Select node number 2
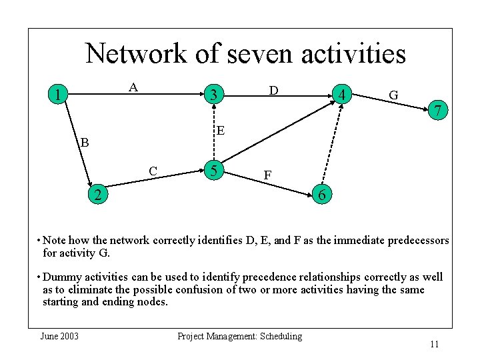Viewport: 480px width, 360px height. [98, 195]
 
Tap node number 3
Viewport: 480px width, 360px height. [213, 96]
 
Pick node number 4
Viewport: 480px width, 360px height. [341, 96]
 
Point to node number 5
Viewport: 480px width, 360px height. [213, 171]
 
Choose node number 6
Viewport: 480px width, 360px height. [322, 196]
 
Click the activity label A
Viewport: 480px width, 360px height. [133, 87]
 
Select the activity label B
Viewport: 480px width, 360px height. [84, 142]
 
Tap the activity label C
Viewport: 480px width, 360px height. [153, 171]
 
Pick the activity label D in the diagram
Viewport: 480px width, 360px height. [273, 89]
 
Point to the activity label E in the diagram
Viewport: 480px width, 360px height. [220, 129]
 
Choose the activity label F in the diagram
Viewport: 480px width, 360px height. [267, 175]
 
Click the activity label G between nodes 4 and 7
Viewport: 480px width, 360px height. [393, 95]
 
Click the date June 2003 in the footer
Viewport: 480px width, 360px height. [59, 336]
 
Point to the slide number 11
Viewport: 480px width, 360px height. [434, 344]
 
